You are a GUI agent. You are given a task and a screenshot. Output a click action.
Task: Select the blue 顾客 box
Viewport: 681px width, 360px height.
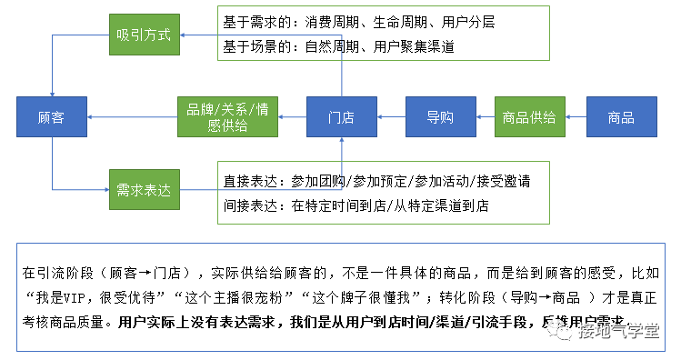click(x=51, y=116)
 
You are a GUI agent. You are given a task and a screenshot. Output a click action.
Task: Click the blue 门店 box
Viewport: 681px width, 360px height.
click(x=341, y=116)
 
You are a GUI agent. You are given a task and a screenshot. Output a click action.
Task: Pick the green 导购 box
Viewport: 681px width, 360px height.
click(x=440, y=116)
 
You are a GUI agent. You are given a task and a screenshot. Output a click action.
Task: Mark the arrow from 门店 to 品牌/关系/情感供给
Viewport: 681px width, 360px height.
click(x=292, y=116)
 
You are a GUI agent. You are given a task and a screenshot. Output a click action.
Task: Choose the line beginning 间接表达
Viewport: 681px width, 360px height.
click(x=356, y=205)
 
